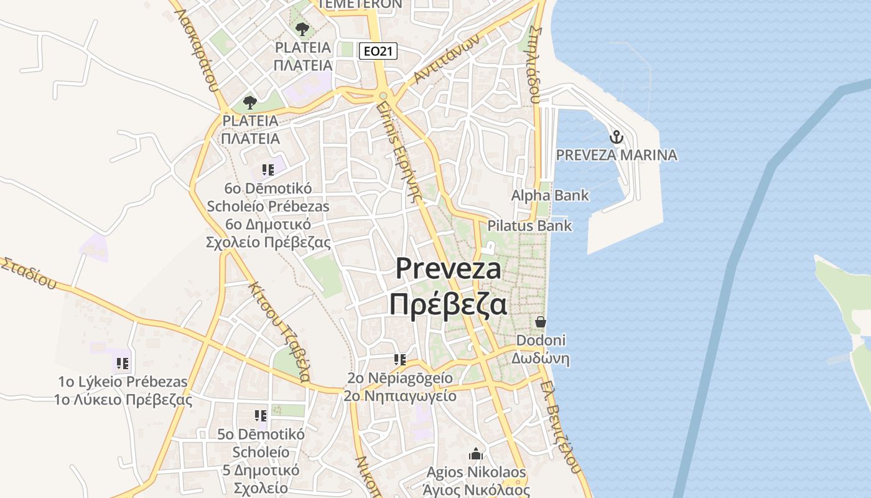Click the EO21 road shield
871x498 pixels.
tap(378, 51)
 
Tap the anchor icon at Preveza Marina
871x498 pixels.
tap(616, 136)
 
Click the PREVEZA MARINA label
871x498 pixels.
tap(616, 155)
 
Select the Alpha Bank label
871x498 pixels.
tap(550, 195)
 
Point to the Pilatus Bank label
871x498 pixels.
tap(529, 225)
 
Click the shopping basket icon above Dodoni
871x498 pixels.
tap(540, 322)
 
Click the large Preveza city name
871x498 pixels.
tap(448, 268)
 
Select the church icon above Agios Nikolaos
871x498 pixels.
tap(476, 453)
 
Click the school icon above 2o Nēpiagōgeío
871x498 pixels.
tap(400, 359)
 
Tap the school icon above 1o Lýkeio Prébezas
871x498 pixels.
tap(123, 363)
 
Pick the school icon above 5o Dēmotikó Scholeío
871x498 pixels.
tap(261, 415)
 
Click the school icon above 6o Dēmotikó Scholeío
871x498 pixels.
tap(268, 170)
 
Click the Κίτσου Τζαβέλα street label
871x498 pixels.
tap(279, 331)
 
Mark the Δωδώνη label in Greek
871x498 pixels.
tap(540, 359)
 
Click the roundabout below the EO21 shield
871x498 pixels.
tap(383, 96)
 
